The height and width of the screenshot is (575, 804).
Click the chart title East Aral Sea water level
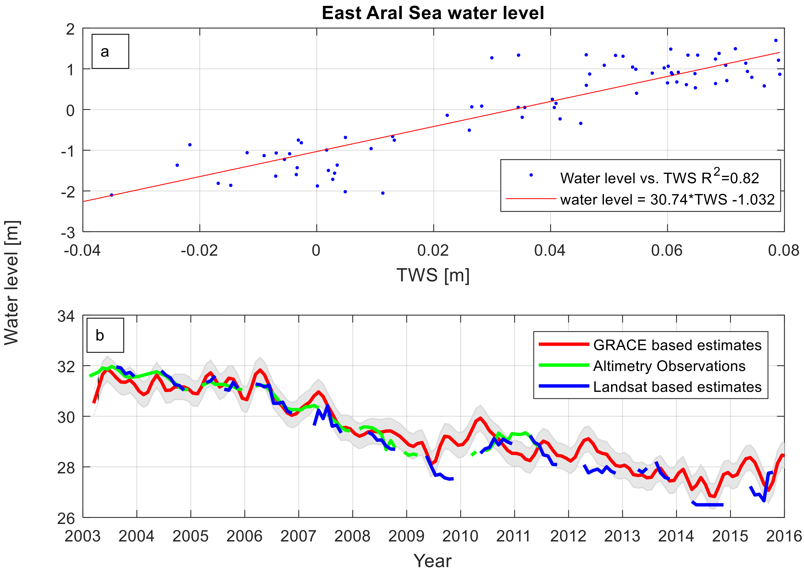(433, 13)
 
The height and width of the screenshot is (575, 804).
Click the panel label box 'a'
(110, 51)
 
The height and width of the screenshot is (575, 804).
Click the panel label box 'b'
(105, 335)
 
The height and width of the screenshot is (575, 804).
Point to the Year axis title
(433, 561)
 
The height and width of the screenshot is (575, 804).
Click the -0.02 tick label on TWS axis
(199, 251)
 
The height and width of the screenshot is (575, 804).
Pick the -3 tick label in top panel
(68, 233)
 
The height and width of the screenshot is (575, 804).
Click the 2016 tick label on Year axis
(783, 536)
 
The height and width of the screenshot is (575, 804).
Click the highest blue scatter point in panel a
(776, 40)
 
